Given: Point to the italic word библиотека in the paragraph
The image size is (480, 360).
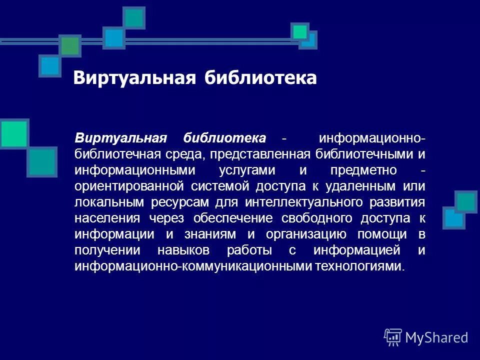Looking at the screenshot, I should pyautogui.click(x=225, y=137).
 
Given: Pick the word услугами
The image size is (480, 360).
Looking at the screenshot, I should pyautogui.click(x=247, y=169).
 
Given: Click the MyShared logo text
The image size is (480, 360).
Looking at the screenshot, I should pyautogui.click(x=436, y=337).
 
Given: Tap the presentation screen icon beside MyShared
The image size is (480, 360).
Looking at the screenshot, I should pyautogui.click(x=393, y=337).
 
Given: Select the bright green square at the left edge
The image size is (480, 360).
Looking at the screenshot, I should pyautogui.click(x=13, y=133).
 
